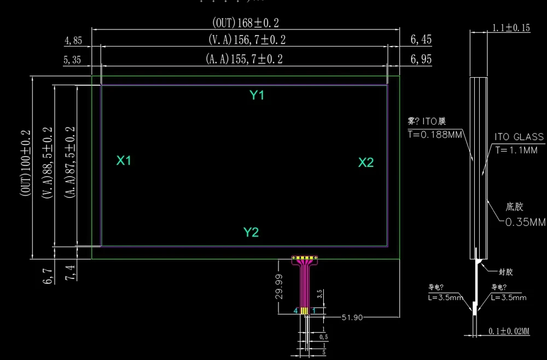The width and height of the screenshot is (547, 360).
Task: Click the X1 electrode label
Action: pos(124,160)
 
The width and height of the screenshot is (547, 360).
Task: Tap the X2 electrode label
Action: pos(366,162)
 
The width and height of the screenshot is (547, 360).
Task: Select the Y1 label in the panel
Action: pos(257,95)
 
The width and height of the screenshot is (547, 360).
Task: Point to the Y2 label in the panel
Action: pos(251,232)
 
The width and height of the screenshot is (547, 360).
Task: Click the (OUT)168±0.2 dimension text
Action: pos(246,22)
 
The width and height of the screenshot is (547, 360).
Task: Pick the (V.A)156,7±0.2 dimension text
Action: pos(247,39)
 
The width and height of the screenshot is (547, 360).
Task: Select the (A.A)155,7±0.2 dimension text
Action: pos(244,59)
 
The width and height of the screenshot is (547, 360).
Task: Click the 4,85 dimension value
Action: pos(73,40)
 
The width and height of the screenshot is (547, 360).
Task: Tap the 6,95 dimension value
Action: pos(421,59)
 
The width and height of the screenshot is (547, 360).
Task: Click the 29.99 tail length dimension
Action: pos(280,286)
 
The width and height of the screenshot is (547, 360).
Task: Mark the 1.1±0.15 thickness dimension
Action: pos(511,28)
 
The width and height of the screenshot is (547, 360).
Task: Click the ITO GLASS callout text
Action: pos(519,137)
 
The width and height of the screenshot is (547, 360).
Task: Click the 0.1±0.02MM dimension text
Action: pos(509,331)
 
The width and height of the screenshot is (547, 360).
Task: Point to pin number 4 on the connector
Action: pos(296,311)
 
